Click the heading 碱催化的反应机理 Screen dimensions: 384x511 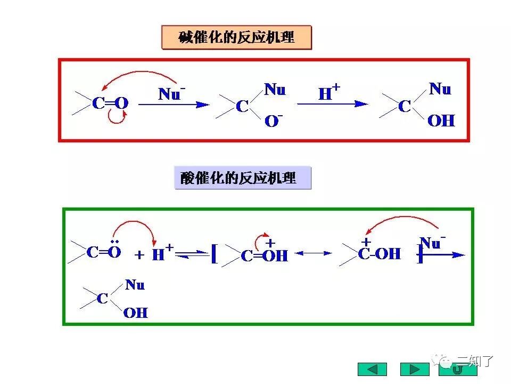point(236,38)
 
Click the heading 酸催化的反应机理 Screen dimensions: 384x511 point(242,178)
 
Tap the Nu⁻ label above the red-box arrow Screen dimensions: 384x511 point(172,94)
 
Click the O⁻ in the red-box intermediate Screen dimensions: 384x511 point(274,121)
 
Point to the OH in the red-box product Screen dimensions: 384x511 point(441,121)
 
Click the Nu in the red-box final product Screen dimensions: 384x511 point(440,89)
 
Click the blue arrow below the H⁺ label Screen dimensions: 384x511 point(332,105)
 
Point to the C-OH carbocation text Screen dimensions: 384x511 point(379,254)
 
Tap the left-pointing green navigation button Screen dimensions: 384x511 point(372,369)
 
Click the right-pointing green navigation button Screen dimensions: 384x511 point(414,369)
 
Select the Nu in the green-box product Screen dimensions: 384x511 point(135,285)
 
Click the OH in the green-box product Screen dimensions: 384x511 point(135,313)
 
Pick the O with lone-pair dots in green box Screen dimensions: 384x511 point(114,252)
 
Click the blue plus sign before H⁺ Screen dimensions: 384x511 point(139,255)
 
